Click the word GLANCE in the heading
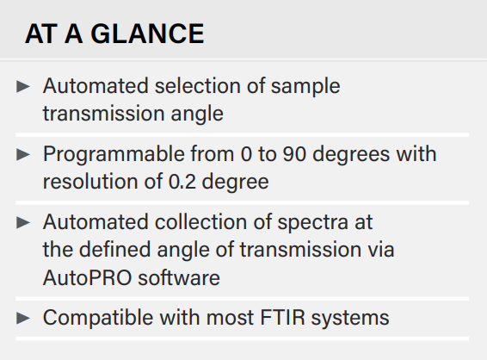pyautogui.click(x=147, y=34)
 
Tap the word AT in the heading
pyautogui.click(x=41, y=34)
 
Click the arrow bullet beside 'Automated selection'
pyautogui.click(x=23, y=86)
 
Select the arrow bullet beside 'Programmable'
pyautogui.click(x=23, y=154)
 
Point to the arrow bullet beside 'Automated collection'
pyautogui.click(x=23, y=222)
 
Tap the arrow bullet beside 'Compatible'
pyautogui.click(x=23, y=318)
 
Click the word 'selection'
pyautogui.click(x=198, y=86)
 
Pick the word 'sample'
pyautogui.click(x=305, y=87)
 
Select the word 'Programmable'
pyautogui.click(x=114, y=155)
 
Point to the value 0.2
pyautogui.click(x=182, y=182)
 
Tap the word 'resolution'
pyautogui.click(x=90, y=182)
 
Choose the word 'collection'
pyautogui.click(x=201, y=222)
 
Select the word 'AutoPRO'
pyautogui.click(x=87, y=277)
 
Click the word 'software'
pyautogui.click(x=179, y=276)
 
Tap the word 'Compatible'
pyautogui.click(x=98, y=319)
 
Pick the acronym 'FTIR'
pyautogui.click(x=282, y=318)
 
